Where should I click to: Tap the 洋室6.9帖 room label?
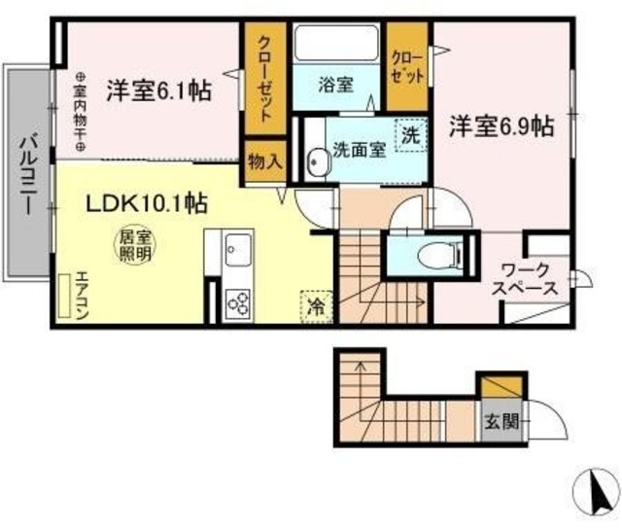(x=501, y=126)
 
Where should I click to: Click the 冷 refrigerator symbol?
(x=317, y=304)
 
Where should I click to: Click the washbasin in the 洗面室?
(x=316, y=163)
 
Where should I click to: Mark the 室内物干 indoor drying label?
(x=79, y=111)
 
